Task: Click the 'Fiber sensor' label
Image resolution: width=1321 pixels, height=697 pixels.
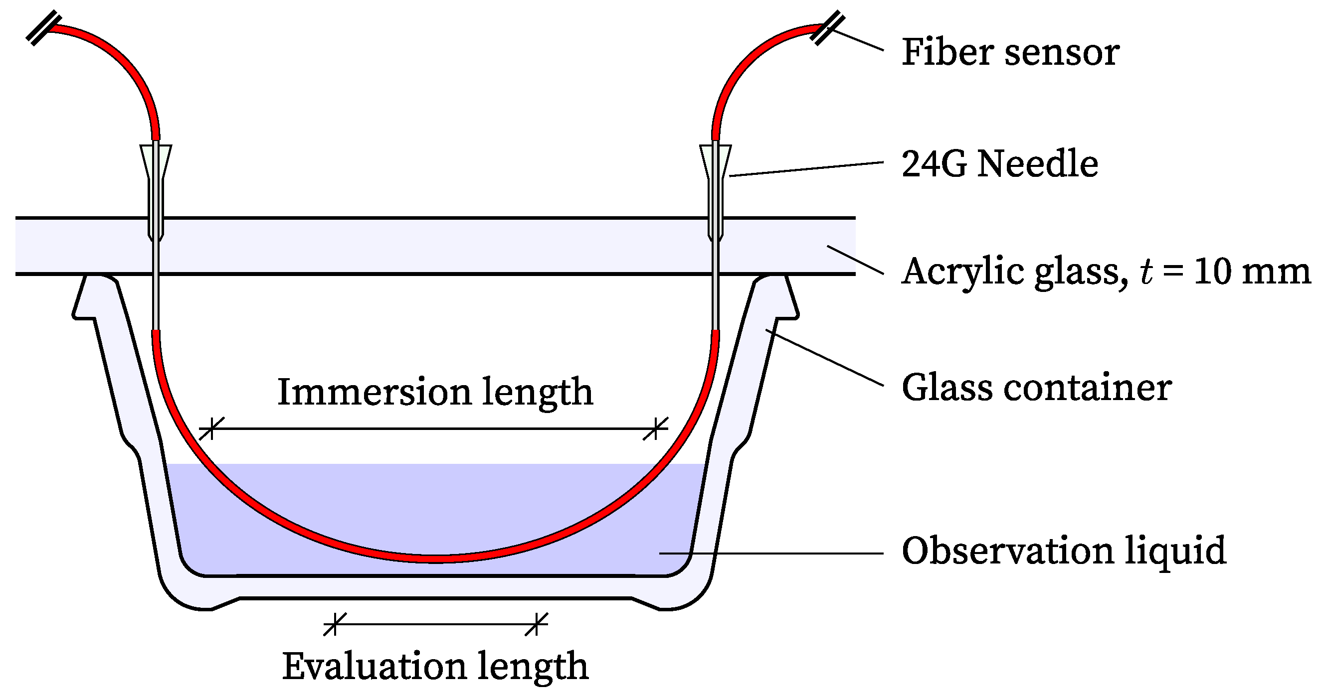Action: (x=1010, y=52)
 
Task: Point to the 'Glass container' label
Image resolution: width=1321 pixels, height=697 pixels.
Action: (x=1036, y=388)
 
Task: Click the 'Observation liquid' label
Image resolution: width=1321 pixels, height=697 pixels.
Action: (x=1064, y=551)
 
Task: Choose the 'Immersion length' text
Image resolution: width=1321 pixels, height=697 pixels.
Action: (x=435, y=392)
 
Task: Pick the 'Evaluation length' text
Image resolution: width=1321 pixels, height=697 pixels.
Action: (x=435, y=666)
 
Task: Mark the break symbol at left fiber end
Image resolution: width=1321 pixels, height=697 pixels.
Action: (x=43, y=28)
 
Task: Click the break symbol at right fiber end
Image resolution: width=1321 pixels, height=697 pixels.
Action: (x=827, y=28)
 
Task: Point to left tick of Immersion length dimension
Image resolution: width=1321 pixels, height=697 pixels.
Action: (x=211, y=428)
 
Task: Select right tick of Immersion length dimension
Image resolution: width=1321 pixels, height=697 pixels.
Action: (x=655, y=428)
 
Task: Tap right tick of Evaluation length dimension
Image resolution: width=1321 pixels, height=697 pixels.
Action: (x=537, y=624)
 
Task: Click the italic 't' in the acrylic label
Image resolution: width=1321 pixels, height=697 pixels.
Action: (x=1146, y=271)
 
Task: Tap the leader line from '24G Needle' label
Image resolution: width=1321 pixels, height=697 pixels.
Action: (x=805, y=169)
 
